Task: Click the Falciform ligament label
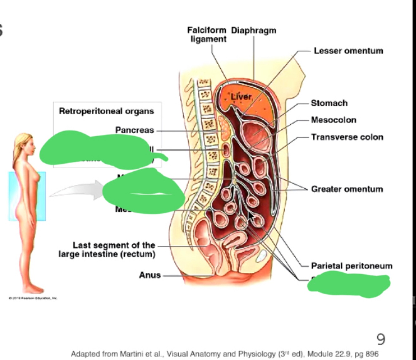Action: (207, 35)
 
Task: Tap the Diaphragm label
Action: (254, 31)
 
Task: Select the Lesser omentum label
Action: (348, 51)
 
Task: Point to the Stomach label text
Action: (329, 103)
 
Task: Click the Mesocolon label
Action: (333, 120)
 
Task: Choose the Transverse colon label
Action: (347, 137)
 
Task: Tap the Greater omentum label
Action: (347, 189)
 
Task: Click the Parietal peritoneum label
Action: (351, 266)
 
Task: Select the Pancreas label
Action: (134, 130)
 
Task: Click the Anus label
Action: (150, 275)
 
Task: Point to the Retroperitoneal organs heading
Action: (106, 111)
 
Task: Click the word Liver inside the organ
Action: (241, 97)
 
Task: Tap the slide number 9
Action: (381, 339)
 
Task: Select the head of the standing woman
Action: (24, 146)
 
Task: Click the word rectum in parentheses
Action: (138, 254)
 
